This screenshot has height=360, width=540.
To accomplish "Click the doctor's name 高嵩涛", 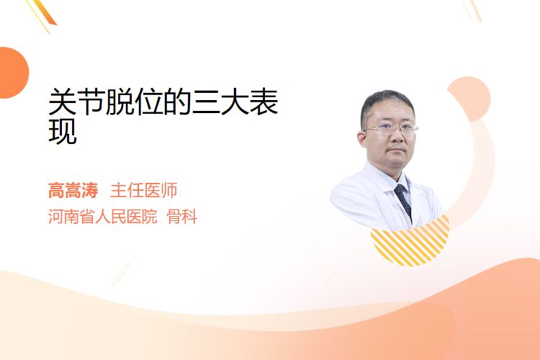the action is pyautogui.click(x=73, y=191).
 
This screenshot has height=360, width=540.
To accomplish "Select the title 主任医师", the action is pyautogui.click(x=144, y=191).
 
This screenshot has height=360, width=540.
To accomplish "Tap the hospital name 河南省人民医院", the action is pyautogui.click(x=103, y=217).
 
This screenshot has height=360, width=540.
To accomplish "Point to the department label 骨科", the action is pyautogui.click(x=182, y=217).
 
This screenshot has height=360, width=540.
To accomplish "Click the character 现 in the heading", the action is pyautogui.click(x=63, y=131).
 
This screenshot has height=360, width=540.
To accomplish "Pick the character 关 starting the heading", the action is pyautogui.click(x=63, y=102).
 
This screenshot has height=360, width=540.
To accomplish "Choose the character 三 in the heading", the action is pyautogui.click(x=207, y=102).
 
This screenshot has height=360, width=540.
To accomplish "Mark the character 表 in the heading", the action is pyautogui.click(x=264, y=102).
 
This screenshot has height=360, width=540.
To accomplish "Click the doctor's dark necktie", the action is pyautogui.click(x=403, y=200).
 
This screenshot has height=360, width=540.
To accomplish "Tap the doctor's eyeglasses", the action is pyautogui.click(x=391, y=130).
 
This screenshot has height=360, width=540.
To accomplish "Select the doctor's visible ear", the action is pyautogui.click(x=362, y=139).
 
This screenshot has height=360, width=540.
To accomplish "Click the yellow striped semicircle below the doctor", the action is pyautogui.click(x=410, y=241).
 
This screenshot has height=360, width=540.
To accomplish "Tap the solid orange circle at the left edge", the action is pyautogui.click(x=12, y=73).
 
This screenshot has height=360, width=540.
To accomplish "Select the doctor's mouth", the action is pyautogui.click(x=397, y=150).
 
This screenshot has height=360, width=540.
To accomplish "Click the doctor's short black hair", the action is pyautogui.click(x=387, y=104).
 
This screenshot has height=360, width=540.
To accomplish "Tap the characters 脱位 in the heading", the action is pyautogui.click(x=135, y=102).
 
